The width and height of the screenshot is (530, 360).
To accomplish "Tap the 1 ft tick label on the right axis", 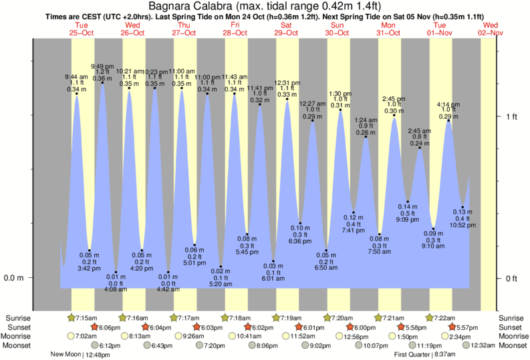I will [x=511, y=117].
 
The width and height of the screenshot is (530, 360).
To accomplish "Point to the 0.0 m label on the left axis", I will [x=14, y=278].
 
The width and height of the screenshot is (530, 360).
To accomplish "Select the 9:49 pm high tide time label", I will [x=102, y=66].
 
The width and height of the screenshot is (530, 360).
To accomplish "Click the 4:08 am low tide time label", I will [x=116, y=290].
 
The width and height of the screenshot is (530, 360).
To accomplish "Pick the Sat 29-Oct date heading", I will [x=287, y=29].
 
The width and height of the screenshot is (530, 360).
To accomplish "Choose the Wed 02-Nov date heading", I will [x=491, y=29].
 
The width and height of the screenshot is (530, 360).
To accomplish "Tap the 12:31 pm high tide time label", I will [x=287, y=83].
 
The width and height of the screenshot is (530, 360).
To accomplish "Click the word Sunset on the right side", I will [x=511, y=327].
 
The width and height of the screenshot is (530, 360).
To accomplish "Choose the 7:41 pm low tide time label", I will [x=354, y=230].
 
